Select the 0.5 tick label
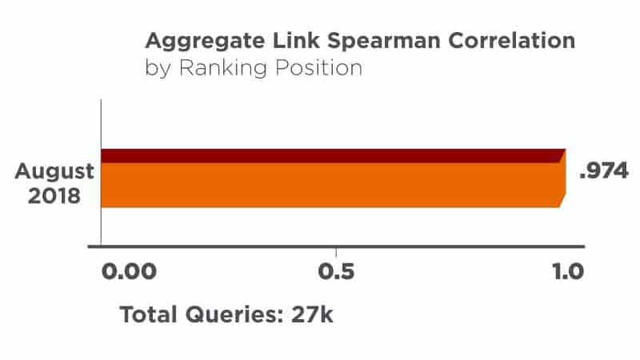click(336, 270)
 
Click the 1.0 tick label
click(568, 270)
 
